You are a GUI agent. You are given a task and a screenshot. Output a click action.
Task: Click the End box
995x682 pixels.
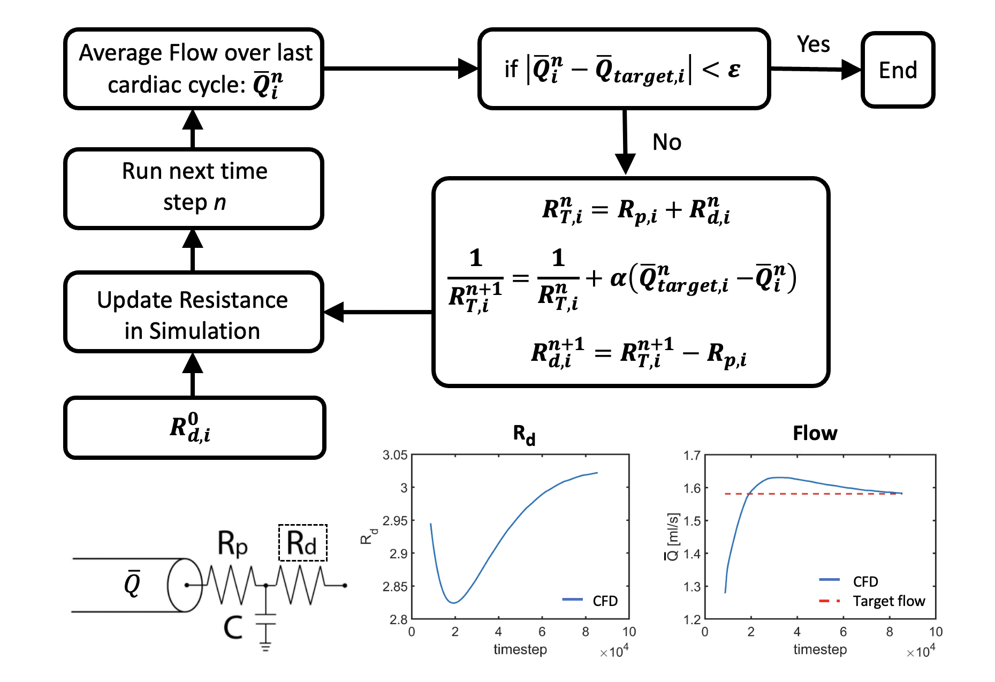898,70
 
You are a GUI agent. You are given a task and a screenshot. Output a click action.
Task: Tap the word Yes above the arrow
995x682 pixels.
813,44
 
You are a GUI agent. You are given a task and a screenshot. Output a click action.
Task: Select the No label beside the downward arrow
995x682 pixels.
666,142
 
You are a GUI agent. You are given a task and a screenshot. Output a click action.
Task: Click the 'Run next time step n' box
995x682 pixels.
194,187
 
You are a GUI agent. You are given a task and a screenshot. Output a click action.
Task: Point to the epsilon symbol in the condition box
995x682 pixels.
734,70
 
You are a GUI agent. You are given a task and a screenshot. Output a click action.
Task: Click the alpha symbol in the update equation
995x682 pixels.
618,278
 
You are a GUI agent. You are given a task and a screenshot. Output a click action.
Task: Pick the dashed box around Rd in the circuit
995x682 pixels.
302,543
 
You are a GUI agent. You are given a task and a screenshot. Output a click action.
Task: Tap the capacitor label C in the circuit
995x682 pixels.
233,627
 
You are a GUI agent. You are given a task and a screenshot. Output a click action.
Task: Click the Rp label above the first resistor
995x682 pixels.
232,543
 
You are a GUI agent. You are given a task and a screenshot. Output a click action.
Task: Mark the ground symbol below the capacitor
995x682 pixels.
265,646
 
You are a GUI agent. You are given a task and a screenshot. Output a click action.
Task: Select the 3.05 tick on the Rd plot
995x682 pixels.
395,456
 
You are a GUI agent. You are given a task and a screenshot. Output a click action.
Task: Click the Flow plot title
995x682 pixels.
815,433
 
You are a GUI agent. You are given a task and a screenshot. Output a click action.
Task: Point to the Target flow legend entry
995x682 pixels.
888,601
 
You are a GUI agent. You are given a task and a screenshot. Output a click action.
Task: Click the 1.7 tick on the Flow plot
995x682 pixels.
692,456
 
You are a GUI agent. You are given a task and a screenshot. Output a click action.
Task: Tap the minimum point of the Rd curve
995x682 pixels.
453,603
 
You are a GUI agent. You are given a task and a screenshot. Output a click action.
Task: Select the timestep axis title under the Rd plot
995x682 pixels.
520,649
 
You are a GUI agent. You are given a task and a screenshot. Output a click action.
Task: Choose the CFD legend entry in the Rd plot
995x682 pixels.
605,601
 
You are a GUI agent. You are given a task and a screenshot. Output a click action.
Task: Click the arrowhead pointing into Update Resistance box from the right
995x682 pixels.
335,312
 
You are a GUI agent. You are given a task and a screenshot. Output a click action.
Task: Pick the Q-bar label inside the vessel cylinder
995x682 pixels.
132,584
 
